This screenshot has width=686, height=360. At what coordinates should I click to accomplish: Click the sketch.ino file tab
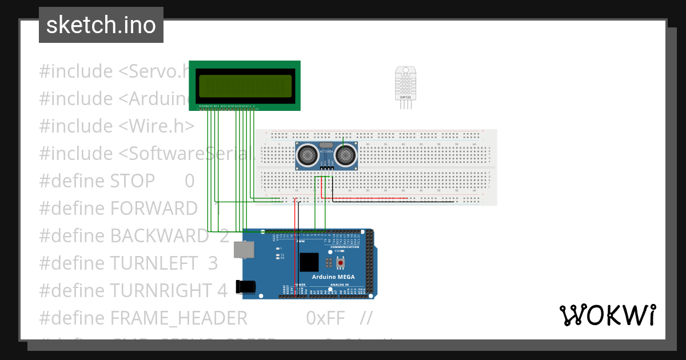101,25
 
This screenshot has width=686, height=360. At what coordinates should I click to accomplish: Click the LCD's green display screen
245,86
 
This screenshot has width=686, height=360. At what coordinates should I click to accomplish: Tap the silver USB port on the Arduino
244,249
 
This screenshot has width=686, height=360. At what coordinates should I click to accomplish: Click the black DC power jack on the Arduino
246,287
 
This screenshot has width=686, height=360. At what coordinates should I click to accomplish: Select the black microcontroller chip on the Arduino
309,262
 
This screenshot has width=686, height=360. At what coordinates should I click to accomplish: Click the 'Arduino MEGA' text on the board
333,277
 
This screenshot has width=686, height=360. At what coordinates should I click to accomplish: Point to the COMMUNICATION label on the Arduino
349,247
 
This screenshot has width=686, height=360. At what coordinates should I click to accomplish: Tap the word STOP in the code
133,181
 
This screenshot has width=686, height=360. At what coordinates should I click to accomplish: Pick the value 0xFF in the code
325,318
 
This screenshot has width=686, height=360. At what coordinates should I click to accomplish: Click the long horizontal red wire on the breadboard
366,198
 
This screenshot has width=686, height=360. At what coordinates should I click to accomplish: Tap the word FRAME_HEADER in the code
178,318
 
